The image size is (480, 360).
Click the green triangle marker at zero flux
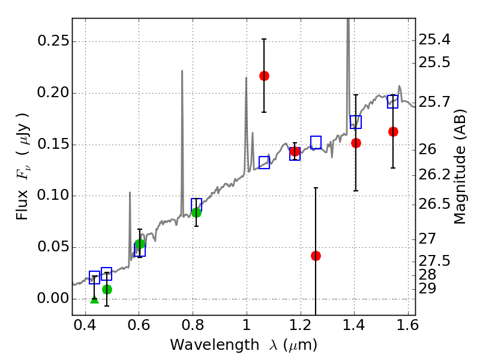[x=94, y=299]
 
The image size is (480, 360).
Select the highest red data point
[x=264, y=76]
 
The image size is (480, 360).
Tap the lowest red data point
[x=316, y=256]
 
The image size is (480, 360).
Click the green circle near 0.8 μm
[x=196, y=212]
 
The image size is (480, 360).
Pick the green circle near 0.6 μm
[x=140, y=244]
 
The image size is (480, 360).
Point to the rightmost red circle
[x=393, y=131]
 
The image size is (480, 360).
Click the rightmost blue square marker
[x=392, y=101]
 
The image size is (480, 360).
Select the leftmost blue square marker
[x=94, y=277]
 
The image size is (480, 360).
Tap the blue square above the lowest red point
[x=316, y=142]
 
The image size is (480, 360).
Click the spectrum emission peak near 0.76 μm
[x=182, y=71]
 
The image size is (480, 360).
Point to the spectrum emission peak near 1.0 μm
[x=246, y=78]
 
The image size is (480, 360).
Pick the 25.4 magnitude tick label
[x=434, y=40]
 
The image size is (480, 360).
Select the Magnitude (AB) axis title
[x=460, y=166]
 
